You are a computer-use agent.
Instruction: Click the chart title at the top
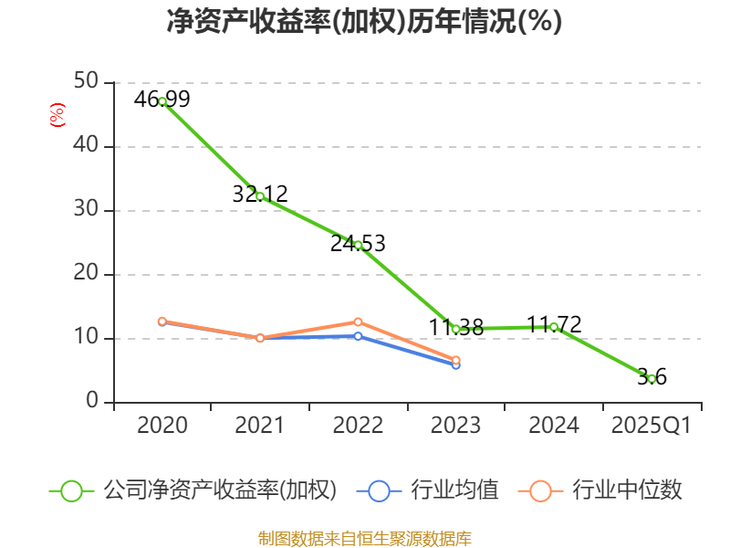pos(364,22)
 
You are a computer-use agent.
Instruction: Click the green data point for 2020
pos(162,101)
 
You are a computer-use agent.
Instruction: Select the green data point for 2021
pos(260,196)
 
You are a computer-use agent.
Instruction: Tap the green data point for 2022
pos(358,245)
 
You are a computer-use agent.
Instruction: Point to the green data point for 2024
pos(554,327)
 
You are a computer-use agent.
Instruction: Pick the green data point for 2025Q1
pos(652,378)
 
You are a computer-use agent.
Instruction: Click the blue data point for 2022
pos(358,336)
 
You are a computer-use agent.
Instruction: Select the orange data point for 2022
pos(358,321)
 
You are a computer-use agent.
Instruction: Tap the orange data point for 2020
pos(162,321)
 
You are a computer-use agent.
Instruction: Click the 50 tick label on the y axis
pos(88,82)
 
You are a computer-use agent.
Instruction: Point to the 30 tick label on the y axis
pos(88,210)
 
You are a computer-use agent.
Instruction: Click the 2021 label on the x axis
pos(260,426)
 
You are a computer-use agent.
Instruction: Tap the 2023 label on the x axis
pos(455,426)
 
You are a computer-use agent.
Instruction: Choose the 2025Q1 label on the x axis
pos(652,426)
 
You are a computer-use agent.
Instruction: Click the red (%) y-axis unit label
pos(57,116)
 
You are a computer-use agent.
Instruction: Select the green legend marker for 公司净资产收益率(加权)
pos(72,490)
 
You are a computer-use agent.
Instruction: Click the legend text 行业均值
pos(455,490)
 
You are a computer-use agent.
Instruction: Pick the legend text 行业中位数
pos(627,490)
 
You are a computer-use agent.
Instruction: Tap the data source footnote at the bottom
pos(364,538)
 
